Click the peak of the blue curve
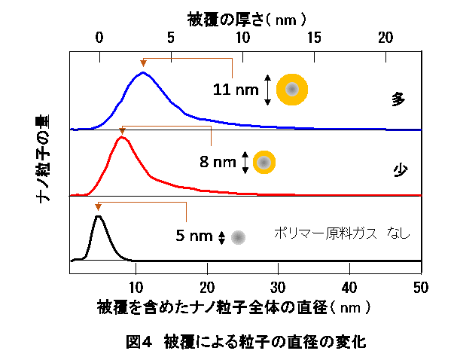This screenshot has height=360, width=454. tap(143, 72)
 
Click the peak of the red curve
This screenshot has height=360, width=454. tap(122, 137)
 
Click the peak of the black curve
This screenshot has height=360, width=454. tap(99, 216)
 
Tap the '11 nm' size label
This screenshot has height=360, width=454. tap(236, 90)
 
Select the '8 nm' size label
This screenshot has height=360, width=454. tap(218, 162)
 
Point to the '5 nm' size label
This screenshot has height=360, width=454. tap(194, 236)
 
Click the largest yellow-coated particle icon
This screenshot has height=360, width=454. tap(292, 90)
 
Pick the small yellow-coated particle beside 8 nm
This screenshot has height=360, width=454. tap(264, 162)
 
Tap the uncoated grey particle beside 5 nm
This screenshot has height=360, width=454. tap(238, 237)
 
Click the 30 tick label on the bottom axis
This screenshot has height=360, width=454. tap(278, 288)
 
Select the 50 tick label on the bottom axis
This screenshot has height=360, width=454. tap(421, 288)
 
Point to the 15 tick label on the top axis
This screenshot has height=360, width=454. tap(314, 38)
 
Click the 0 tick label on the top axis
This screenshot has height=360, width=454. tap(99, 38)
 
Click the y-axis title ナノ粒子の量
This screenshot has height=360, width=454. tap(43, 159)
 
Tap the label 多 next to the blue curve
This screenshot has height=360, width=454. tap(398, 99)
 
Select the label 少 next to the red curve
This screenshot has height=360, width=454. tap(401, 171)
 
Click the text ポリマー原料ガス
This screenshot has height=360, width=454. tap(325, 233)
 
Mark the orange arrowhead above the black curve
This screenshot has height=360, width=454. tap(98, 207)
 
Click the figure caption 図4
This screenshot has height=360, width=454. tap(139, 342)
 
